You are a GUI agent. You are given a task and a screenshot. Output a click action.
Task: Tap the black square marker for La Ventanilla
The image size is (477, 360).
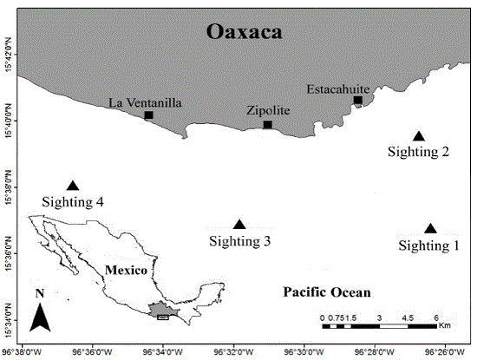coord(149,115)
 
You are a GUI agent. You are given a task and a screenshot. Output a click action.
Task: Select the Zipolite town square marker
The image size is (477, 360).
coord(267,125)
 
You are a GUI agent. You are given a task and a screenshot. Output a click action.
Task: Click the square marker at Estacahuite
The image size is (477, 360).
coord(357,101)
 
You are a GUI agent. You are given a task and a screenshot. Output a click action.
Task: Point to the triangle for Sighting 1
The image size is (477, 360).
coord(430,229)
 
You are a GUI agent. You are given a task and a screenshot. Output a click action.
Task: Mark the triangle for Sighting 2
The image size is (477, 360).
coord(419,136)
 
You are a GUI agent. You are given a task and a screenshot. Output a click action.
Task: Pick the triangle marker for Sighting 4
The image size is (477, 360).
coord(73,186)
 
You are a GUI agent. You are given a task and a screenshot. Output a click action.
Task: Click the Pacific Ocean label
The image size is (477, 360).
coord(327,292)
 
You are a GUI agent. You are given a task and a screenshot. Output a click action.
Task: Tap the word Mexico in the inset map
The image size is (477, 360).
coord(126,270)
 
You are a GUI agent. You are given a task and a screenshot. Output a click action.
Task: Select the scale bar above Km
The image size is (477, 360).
coord(380,326)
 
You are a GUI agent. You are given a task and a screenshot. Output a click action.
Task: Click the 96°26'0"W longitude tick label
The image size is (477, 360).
coord(442,352)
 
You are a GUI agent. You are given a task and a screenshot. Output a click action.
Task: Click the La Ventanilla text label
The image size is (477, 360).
coord(145,102)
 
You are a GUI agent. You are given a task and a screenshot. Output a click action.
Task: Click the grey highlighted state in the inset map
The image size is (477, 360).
coord(160,310)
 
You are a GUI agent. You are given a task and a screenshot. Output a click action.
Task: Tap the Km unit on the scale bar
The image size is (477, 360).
coord(444,327)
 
